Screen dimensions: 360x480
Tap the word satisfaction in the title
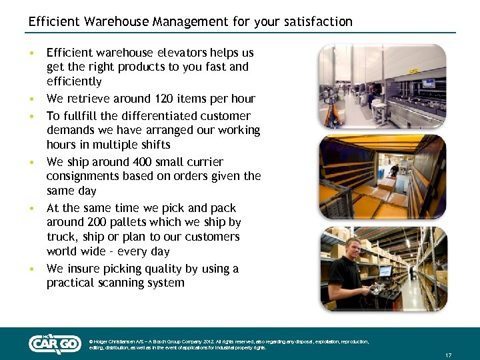click(x=317, y=21)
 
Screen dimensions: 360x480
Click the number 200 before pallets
click(x=91, y=222)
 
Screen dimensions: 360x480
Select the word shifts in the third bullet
click(x=155, y=145)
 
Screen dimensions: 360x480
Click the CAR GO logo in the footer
click(x=55, y=343)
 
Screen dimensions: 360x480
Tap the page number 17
click(x=448, y=355)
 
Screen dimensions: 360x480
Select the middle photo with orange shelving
click(x=381, y=177)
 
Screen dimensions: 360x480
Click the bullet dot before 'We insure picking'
click(x=31, y=269)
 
